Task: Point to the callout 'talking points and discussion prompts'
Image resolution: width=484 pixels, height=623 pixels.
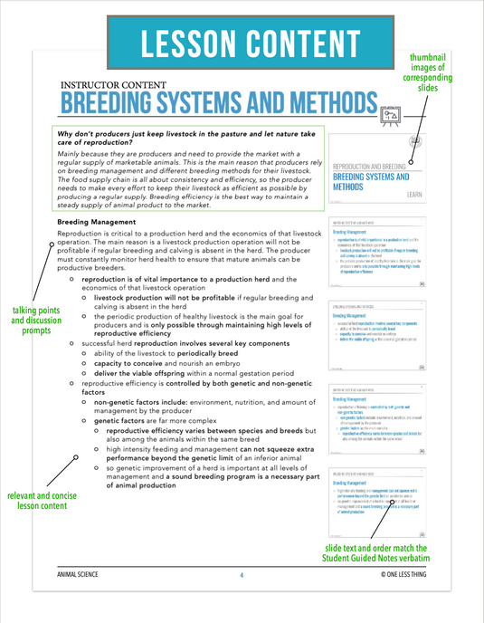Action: pyautogui.click(x=30, y=320)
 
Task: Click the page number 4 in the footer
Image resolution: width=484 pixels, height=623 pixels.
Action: pyautogui.click(x=242, y=574)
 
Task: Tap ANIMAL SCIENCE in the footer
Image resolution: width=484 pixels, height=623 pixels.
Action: pyautogui.click(x=81, y=574)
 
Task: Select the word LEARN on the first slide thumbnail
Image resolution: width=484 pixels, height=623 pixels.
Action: pyautogui.click(x=414, y=195)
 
